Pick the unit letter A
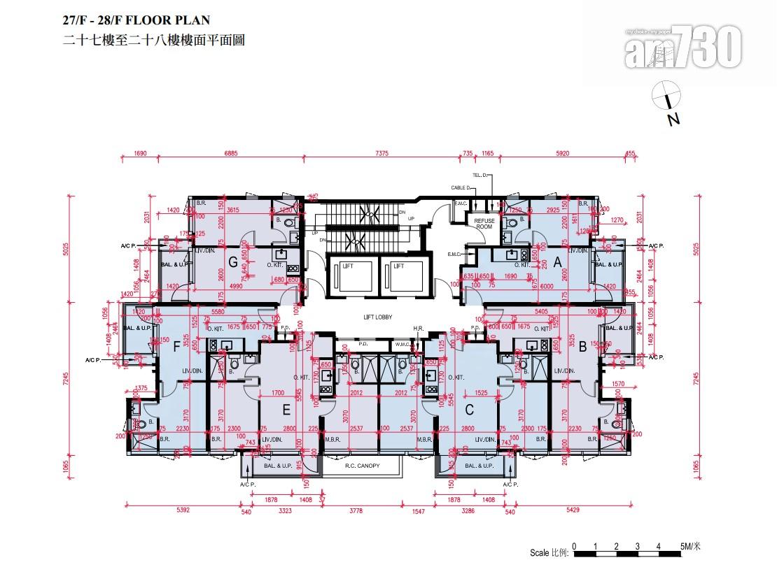[559, 262]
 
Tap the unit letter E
[286, 410]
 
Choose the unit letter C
[469, 410]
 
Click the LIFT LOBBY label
[378, 317]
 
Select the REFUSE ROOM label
[485, 224]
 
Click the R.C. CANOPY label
[362, 465]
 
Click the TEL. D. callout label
[480, 176]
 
